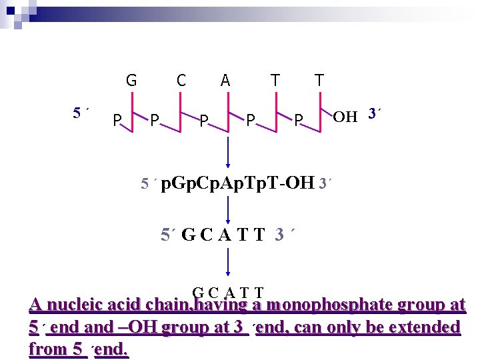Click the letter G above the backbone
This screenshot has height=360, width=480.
131,81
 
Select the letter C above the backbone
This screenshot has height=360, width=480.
181,81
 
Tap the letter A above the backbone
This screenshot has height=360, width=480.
225,81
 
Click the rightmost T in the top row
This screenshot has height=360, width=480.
319,81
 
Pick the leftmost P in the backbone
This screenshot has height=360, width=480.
116,121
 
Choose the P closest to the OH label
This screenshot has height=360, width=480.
299,121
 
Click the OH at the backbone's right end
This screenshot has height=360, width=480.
345,117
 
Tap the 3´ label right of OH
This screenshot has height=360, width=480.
374,115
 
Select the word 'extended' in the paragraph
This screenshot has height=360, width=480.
424,327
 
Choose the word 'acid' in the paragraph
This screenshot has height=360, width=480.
122,305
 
